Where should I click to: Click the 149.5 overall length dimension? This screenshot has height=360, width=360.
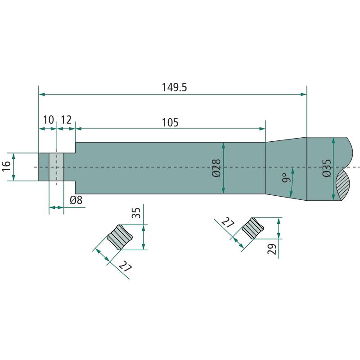coord(175,87)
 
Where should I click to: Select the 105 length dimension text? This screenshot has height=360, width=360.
coord(170,122)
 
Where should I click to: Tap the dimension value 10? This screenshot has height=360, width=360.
coord(49,120)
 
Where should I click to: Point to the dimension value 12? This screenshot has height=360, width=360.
coord(66,120)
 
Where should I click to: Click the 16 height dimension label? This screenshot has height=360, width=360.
coord(7,166)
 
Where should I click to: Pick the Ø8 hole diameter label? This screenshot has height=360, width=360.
coord(76,200)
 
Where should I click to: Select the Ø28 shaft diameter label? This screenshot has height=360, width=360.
coord(216,168)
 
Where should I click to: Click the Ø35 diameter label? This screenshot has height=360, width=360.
coord(327,168)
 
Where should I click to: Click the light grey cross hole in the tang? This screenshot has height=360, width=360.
coord(56,167)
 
